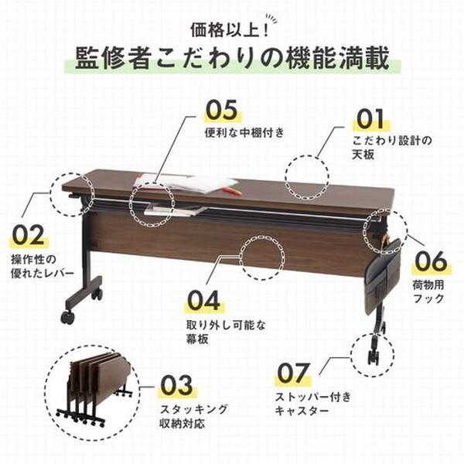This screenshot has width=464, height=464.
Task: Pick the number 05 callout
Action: pos(222,110)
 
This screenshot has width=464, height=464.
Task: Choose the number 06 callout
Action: pos(431,261)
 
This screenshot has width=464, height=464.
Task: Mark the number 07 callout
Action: pos(293,373)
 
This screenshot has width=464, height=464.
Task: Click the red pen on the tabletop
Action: pos(233,190)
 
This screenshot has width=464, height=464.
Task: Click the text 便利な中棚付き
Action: pos(244,132)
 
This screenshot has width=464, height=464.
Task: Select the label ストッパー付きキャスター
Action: pos(313,404)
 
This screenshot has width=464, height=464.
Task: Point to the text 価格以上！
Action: pos(230,30)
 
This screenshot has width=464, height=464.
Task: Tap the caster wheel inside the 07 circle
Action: pos(373,357)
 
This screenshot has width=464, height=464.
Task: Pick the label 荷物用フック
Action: pos(428,292)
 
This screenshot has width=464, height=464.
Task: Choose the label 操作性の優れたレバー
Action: pos(42,266)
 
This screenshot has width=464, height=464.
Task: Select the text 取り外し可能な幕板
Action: pos(226,332)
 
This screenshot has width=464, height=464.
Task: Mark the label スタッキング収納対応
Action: pos(194,417)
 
